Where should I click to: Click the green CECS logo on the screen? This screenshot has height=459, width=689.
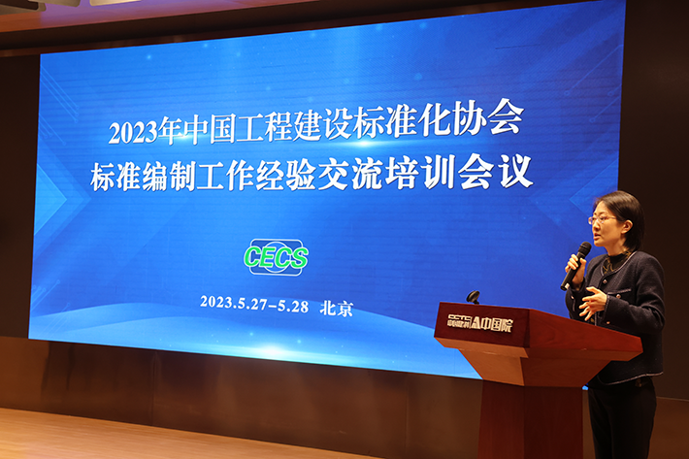click(276, 257)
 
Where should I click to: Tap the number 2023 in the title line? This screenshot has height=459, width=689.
click(133, 131)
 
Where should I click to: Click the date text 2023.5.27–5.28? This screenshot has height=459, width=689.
click(254, 304)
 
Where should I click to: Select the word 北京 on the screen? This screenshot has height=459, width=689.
click(336, 308)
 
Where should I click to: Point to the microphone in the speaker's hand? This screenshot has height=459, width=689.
click(575, 265)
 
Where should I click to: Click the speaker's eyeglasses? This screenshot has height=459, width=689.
click(602, 219)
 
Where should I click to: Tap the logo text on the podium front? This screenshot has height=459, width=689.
click(479, 323)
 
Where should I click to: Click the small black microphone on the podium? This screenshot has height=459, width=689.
click(473, 297)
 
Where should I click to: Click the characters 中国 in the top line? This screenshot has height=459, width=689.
click(210, 129)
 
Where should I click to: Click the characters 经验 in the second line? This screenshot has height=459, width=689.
click(285, 176)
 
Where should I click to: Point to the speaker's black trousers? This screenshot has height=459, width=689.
click(621, 421)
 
